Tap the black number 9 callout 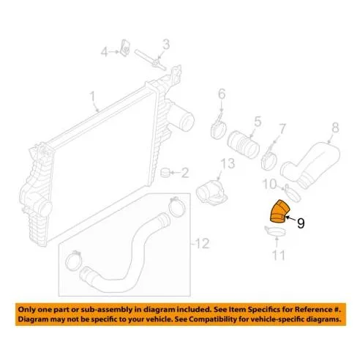[301, 223]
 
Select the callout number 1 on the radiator [92, 97]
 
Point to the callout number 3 [166, 45]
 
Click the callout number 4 [105, 52]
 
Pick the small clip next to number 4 [125, 47]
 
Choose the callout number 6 [222, 94]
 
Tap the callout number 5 [258, 122]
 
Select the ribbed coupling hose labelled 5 [243, 144]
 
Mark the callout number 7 [282, 129]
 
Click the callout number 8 [336, 128]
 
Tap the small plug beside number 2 [165, 172]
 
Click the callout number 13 [228, 163]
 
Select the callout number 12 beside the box [202, 243]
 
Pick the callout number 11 [279, 255]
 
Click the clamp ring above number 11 [275, 231]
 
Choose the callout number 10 [270, 185]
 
